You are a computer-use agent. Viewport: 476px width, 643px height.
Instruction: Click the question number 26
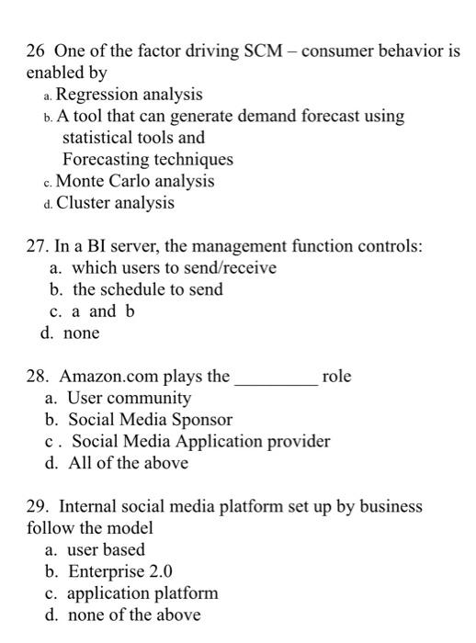[x=38, y=50]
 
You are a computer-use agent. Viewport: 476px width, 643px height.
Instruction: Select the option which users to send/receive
[x=174, y=268]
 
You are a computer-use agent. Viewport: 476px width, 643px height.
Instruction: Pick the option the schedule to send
[x=147, y=289]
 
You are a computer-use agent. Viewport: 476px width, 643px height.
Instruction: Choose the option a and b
[x=103, y=310]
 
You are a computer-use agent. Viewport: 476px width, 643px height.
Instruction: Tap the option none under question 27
[x=81, y=333]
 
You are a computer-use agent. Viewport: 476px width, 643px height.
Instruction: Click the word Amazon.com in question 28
[x=120, y=376]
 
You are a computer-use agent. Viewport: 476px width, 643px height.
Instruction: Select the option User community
[x=130, y=398]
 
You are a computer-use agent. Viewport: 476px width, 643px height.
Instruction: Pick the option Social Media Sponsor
[x=150, y=420]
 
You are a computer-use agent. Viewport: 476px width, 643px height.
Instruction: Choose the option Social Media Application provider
[x=200, y=441]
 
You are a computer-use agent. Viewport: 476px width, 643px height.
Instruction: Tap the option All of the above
[x=129, y=463]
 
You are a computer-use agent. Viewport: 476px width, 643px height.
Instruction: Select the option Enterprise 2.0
[x=121, y=571]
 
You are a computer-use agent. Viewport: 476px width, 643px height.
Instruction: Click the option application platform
[x=143, y=592]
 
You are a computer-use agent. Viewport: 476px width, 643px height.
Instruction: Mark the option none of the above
[x=134, y=615]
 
